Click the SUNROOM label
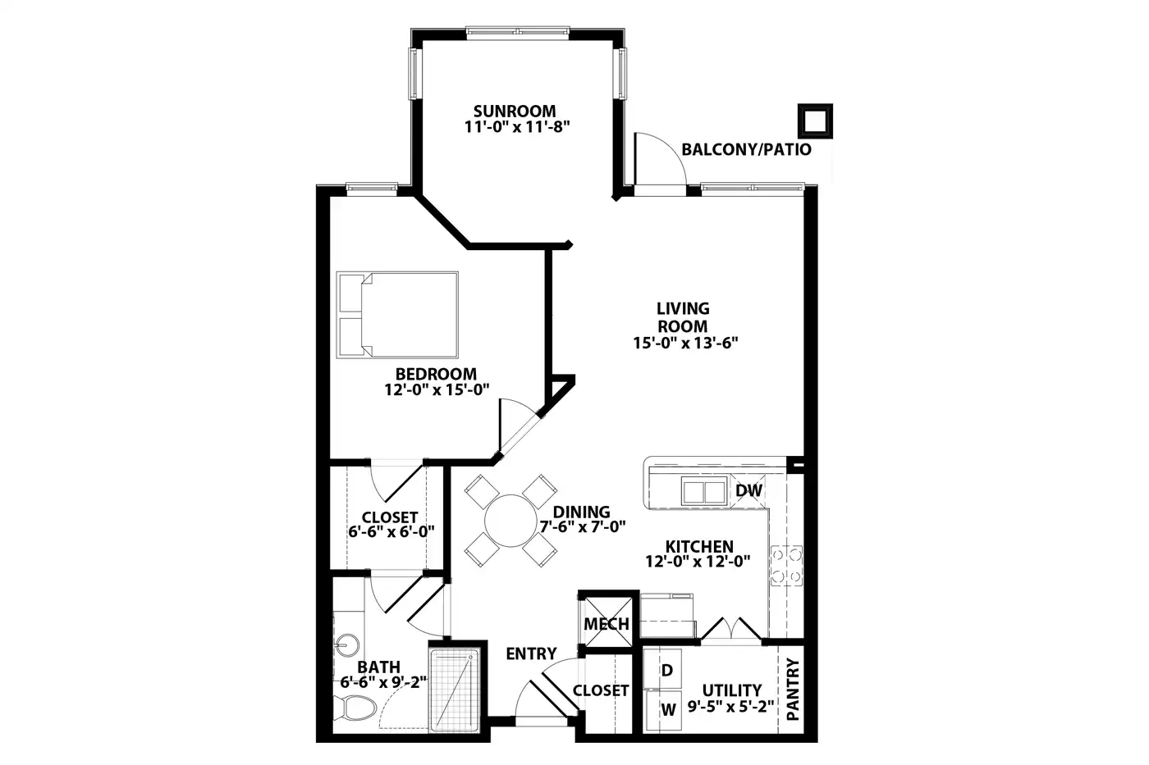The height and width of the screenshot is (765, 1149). click(515, 111)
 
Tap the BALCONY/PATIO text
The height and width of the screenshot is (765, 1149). click(746, 149)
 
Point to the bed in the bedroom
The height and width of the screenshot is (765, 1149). click(397, 315)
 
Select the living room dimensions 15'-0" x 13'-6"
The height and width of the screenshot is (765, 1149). click(685, 343)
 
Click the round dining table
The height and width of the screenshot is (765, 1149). click(510, 520)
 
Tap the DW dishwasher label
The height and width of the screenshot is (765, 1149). click(748, 490)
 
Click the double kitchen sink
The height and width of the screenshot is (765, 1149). click(704, 491)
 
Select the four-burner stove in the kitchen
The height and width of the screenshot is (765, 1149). click(786, 566)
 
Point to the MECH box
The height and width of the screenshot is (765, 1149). click(606, 621)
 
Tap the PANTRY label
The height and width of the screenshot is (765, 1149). click(793, 690)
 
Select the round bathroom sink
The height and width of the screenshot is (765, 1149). click(347, 645)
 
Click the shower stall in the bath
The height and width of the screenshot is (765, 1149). click(455, 690)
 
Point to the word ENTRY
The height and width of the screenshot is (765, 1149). click(531, 653)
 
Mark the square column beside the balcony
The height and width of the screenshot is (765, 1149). click(815, 121)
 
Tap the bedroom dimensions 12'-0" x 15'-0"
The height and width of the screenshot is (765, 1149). click(437, 390)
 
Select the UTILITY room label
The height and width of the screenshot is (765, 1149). click(731, 690)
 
